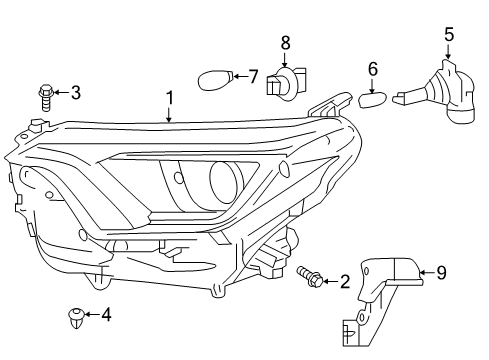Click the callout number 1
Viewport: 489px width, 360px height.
(x=170, y=99)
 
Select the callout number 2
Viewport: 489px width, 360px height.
(x=344, y=282)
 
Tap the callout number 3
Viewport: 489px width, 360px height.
(x=75, y=94)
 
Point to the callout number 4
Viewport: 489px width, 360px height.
(x=106, y=314)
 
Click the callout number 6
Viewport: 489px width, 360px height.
(x=373, y=69)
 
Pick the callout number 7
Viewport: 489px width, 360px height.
(x=253, y=75)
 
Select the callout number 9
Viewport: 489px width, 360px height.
(x=440, y=271)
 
